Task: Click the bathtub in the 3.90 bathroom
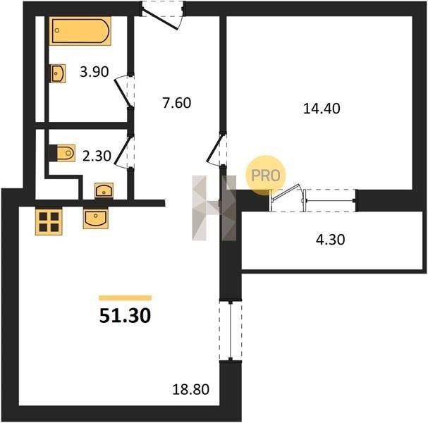(80, 31)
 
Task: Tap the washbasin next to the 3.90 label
(58, 73)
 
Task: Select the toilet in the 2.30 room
(66, 153)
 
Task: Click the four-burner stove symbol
(49, 221)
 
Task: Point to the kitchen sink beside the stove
(95, 219)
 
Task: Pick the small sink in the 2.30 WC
(104, 190)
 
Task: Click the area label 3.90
(94, 72)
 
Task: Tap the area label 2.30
(97, 156)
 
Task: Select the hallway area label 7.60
(177, 103)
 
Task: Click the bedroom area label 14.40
(322, 109)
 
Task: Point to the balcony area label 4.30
(330, 240)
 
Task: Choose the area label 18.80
(191, 389)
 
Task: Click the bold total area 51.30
(125, 315)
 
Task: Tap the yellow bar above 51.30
(125, 298)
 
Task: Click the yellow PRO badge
(266, 176)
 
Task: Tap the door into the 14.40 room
(217, 149)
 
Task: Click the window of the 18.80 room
(231, 331)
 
